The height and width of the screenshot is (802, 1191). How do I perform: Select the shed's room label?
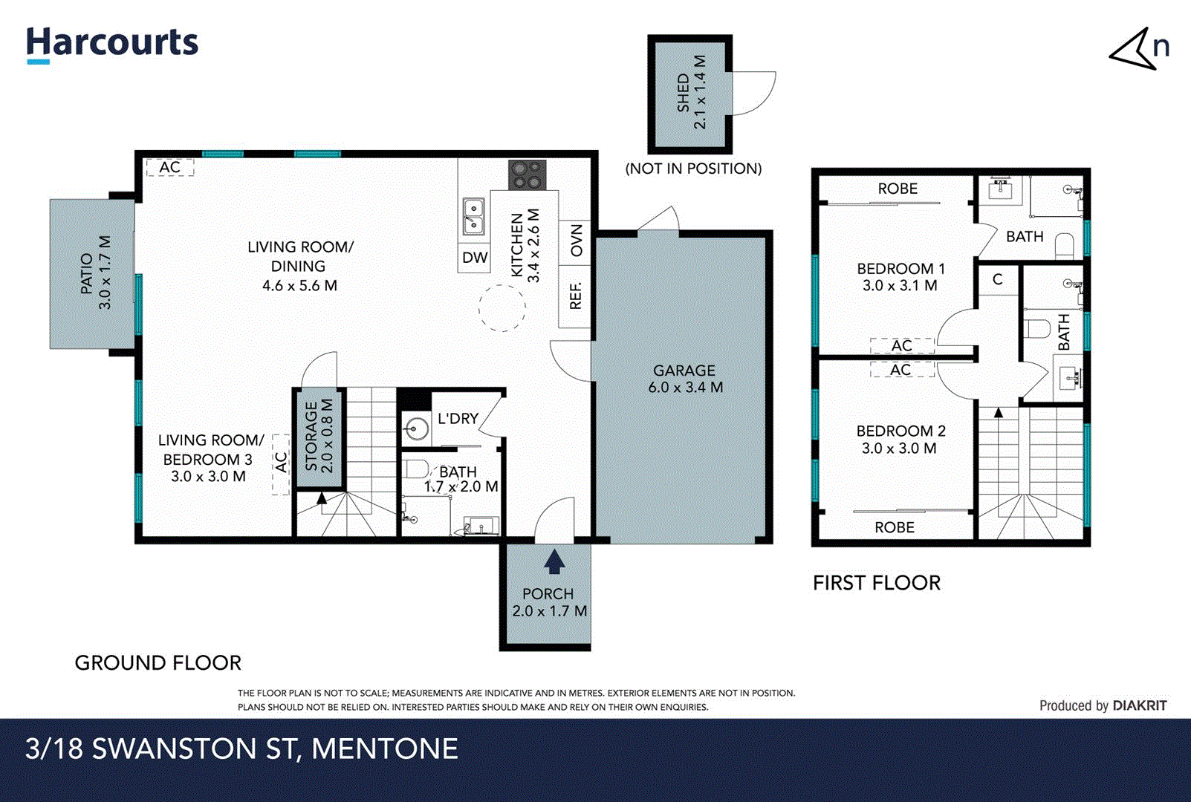click(691, 92)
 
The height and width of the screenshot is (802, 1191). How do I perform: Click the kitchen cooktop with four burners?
click(527, 175)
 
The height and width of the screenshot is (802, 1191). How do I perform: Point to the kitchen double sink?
click(473, 216)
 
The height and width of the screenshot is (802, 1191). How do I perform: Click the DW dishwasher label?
click(475, 258)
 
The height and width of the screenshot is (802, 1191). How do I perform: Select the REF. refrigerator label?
click(576, 296)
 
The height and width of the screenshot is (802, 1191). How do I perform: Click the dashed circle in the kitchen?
click(502, 307)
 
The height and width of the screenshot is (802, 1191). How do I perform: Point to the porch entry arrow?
click(554, 561)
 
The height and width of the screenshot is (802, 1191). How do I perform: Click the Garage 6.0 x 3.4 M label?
click(685, 379)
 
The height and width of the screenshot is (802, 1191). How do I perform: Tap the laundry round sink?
click(416, 428)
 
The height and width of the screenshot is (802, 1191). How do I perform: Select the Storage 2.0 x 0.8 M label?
click(319, 437)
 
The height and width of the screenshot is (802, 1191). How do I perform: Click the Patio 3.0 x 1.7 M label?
click(96, 273)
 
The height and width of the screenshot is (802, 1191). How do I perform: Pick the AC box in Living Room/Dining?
click(170, 168)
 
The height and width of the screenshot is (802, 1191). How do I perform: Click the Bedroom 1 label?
click(900, 277)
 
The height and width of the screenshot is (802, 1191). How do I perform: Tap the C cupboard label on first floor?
click(997, 280)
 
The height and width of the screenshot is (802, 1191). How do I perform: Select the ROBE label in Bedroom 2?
click(894, 527)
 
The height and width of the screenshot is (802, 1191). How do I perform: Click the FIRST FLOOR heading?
click(876, 583)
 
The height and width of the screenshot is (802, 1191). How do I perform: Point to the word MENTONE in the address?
click(384, 749)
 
